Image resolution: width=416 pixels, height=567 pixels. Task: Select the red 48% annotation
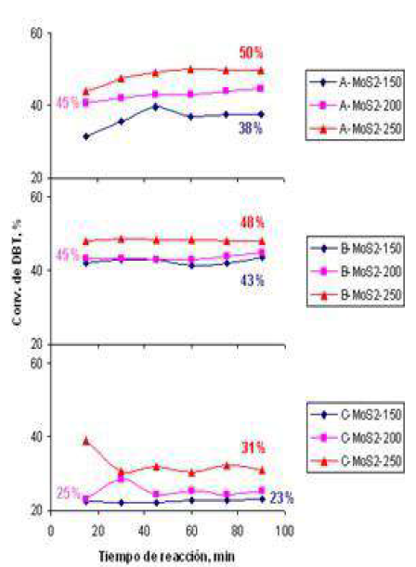[253, 223]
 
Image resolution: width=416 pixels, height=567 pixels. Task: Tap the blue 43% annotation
[253, 277]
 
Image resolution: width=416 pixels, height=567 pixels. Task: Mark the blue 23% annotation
[282, 498]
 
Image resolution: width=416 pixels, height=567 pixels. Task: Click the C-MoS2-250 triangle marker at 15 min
[86, 440]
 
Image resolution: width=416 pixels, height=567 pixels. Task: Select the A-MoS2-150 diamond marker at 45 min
[156, 107]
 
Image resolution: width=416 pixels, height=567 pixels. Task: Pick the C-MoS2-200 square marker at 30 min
[121, 478]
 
